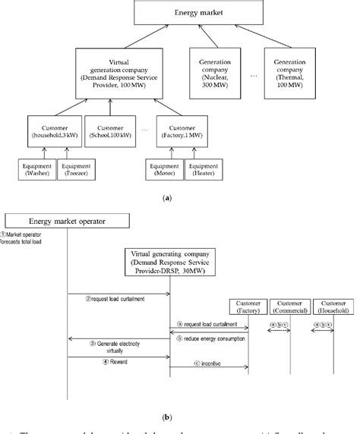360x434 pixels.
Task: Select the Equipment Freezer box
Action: [x=74, y=169]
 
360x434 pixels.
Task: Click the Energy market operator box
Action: [x=66, y=221]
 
